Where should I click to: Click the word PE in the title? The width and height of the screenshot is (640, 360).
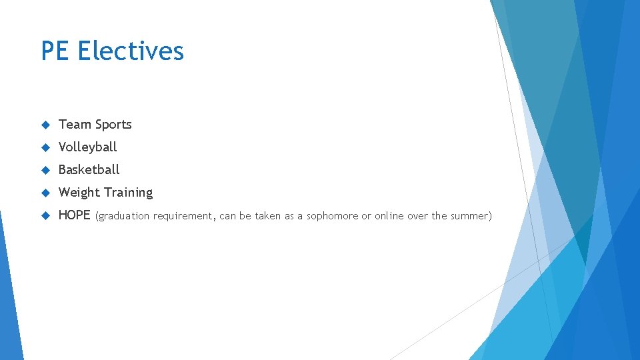[55, 51]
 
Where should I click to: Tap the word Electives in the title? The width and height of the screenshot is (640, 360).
[131, 51]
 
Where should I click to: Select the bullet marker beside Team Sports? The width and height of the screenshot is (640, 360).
[45, 125]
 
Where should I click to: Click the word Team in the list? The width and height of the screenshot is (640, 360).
[75, 125]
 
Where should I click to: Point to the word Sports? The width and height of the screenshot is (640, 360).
[113, 125]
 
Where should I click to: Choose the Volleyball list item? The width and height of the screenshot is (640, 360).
[88, 147]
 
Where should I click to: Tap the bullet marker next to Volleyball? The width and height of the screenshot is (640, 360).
[45, 147]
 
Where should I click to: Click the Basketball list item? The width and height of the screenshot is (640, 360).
[89, 170]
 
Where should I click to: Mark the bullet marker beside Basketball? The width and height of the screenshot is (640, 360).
[45, 170]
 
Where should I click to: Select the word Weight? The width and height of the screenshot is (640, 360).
[78, 193]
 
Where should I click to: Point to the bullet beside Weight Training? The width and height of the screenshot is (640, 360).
[45, 193]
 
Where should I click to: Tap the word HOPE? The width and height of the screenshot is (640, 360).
[75, 215]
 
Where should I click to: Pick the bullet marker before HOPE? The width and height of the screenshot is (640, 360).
[45, 215]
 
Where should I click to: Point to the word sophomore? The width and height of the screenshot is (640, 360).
[332, 216]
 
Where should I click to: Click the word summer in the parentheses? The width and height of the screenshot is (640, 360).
[470, 216]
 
